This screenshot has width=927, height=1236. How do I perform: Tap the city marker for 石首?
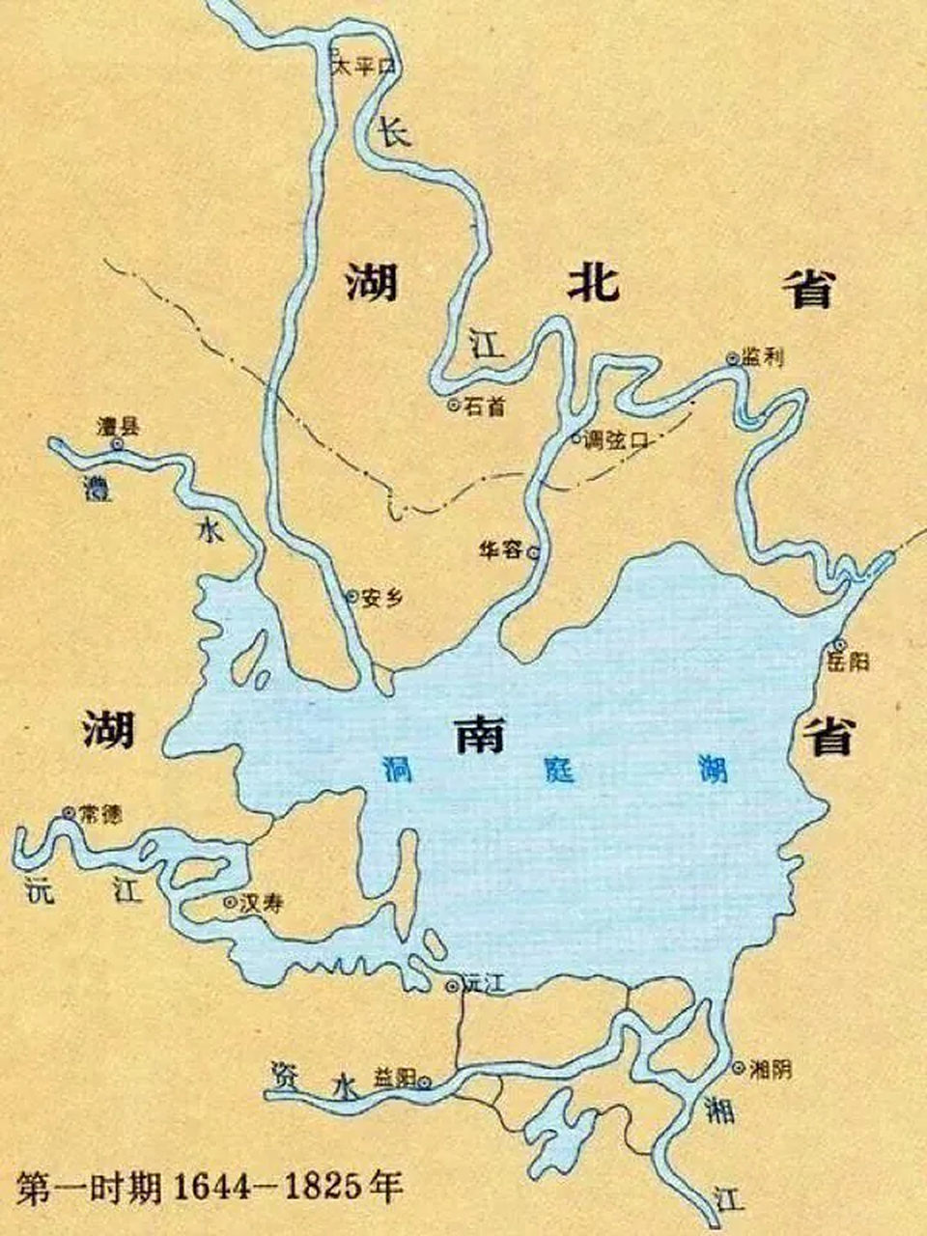pyautogui.click(x=453, y=406)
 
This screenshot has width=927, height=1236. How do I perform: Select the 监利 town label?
pyautogui.click(x=762, y=357)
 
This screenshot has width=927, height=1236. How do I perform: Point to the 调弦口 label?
pyautogui.click(x=617, y=439)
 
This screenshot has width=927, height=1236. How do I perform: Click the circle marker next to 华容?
pyautogui.click(x=532, y=551)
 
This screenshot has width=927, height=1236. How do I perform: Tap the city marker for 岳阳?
pyautogui.click(x=839, y=644)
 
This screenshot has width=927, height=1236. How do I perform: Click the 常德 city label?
pyautogui.click(x=100, y=814)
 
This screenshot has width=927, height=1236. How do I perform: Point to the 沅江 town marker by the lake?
pyautogui.click(x=451, y=986)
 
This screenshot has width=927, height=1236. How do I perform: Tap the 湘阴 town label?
pyautogui.click(x=771, y=1069)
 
